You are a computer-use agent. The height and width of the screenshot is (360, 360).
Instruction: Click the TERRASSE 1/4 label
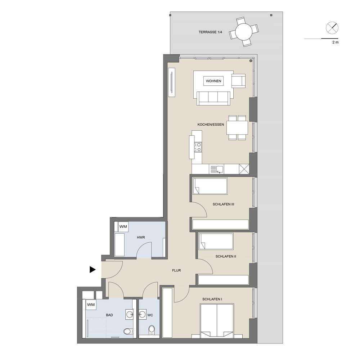(210, 32)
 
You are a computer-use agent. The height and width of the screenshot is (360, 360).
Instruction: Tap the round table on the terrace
(244, 32)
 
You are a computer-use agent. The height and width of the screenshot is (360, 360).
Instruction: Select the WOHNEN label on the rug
(213, 81)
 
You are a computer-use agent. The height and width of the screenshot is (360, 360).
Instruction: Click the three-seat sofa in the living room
(213, 98)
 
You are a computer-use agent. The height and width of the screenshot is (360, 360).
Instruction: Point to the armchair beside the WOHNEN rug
(239, 81)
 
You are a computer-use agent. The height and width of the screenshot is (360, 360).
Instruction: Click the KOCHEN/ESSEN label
(211, 125)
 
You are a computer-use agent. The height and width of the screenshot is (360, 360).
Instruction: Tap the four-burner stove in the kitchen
(198, 147)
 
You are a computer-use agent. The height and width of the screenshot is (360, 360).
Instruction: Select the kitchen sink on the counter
(217, 169)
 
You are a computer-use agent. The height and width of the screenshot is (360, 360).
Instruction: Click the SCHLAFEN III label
(224, 204)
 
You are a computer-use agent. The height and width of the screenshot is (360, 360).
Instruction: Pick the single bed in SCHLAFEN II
(216, 242)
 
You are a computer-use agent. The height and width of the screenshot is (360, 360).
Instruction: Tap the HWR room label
(141, 237)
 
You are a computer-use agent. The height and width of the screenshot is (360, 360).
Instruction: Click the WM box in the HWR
(123, 227)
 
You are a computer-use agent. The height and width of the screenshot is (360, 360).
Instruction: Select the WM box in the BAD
(91, 305)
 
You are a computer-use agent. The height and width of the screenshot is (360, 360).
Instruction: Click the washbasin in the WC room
(143, 314)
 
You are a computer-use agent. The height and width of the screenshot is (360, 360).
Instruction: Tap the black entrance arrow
(93, 270)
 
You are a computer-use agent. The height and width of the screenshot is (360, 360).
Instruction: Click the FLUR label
(176, 270)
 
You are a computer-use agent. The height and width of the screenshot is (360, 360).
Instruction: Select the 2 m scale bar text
(336, 42)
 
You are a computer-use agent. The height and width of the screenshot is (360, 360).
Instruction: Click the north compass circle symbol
(332, 28)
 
